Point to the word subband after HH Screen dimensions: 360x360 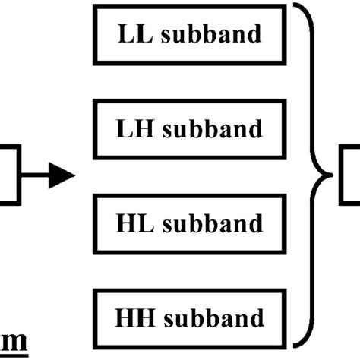click(x=216, y=316)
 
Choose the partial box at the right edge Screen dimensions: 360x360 click(x=351, y=176)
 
